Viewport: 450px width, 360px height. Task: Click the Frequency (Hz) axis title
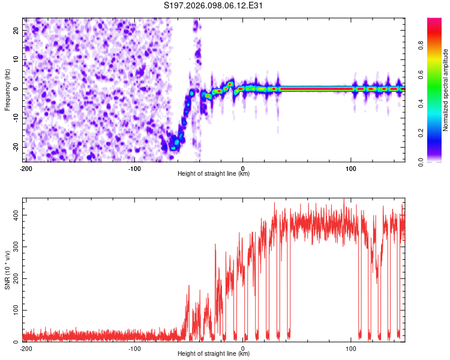pyautogui.click(x=7, y=89)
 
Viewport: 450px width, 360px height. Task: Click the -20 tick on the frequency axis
pyautogui.click(x=15, y=147)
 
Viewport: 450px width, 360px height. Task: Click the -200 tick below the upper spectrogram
pyautogui.click(x=26, y=169)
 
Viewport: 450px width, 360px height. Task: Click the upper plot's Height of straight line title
pyautogui.click(x=214, y=174)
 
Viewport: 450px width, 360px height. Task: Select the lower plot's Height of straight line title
pyautogui.click(x=214, y=354)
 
